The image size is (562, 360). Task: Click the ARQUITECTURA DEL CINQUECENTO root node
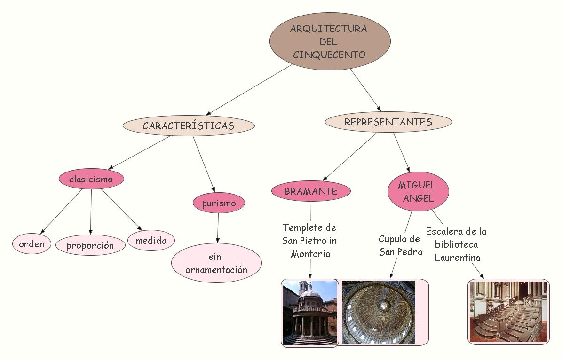coord(330,41)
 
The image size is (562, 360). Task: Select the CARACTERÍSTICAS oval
coord(189,125)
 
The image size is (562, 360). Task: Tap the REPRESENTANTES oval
coord(388,122)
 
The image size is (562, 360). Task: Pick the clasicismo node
coord(91,179)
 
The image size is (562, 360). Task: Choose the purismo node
coord(219,203)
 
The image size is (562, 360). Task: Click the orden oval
coord(32,244)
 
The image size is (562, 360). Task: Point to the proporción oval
coord(90,245)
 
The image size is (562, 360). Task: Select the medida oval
coord(151,241)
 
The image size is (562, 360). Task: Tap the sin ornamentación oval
coord(216,263)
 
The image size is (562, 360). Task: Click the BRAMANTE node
coord(311,191)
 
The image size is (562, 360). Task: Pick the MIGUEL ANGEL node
coord(418,191)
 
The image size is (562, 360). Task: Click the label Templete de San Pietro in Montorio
coord(310,241)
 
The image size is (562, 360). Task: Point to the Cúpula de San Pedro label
coord(400,245)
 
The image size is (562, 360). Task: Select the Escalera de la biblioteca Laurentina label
coord(456,244)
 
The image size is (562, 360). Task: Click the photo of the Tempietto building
coord(310,313)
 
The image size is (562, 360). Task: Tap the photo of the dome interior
coord(379,312)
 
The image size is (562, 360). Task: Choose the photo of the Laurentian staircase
coord(508,311)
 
